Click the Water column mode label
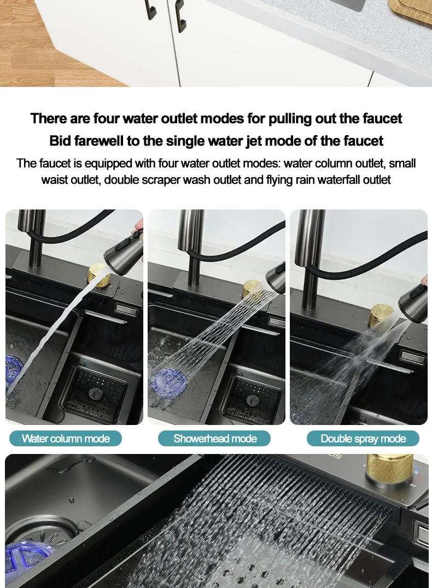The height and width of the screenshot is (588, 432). point(66,439)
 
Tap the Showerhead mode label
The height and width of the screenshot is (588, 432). point(215,439)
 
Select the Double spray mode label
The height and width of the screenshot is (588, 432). point(363,439)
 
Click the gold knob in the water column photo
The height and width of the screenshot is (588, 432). point(98,274)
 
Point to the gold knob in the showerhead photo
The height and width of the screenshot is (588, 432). point(252,288)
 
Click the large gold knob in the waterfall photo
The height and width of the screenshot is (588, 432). point(389,470)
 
